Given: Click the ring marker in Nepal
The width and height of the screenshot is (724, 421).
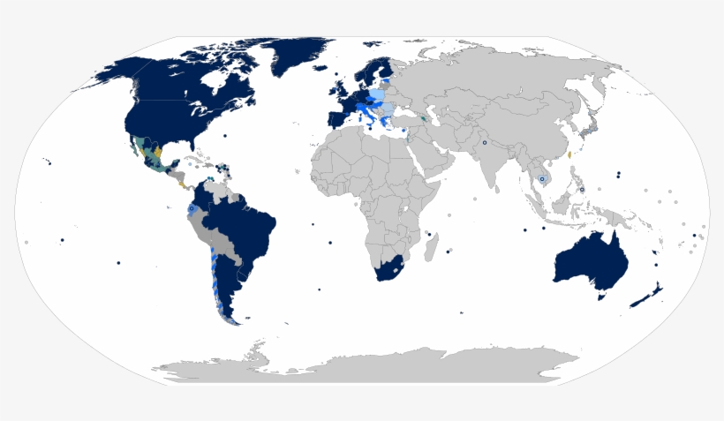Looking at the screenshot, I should click(x=484, y=142).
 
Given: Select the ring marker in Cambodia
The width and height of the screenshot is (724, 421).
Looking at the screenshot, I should click(x=541, y=179).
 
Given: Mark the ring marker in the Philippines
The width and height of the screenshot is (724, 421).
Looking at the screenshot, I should click(x=582, y=190).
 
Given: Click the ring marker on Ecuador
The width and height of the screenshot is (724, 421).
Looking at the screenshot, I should click(x=190, y=207).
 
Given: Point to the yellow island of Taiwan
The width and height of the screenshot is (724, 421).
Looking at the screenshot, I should click(x=569, y=154).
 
